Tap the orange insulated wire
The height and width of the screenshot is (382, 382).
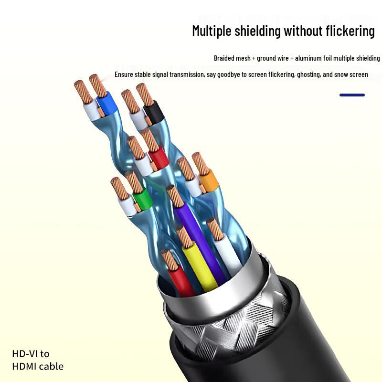(x=209, y=181)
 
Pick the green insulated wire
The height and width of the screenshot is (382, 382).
(x=142, y=198)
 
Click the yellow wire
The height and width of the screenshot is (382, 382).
(x=200, y=265)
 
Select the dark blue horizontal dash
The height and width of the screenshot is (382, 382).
(x=352, y=95)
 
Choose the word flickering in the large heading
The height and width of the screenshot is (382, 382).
(x=350, y=32)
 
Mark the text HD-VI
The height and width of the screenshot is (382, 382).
(x=25, y=354)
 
